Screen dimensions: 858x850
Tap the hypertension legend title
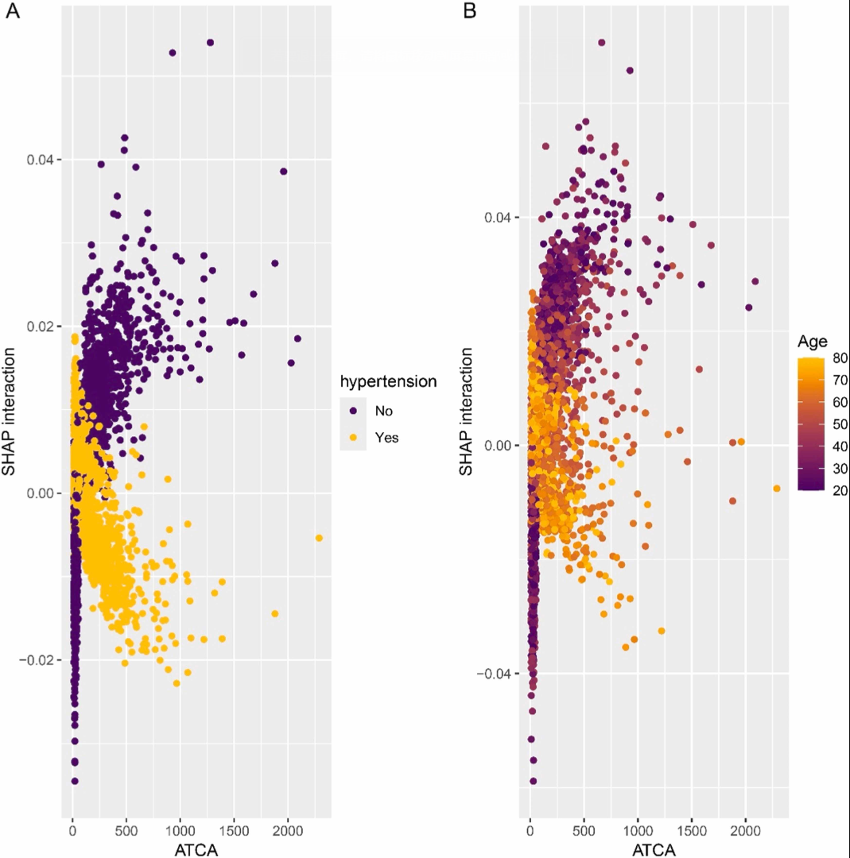click(388, 381)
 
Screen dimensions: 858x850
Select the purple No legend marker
click(353, 411)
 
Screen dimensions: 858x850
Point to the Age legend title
click(813, 342)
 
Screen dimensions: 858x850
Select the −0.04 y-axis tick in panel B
click(495, 674)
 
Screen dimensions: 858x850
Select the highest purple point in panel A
click(210, 42)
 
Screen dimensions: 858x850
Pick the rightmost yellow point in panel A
click(319, 538)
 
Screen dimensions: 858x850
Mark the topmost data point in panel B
click(601, 42)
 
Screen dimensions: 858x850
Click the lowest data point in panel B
click(533, 781)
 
